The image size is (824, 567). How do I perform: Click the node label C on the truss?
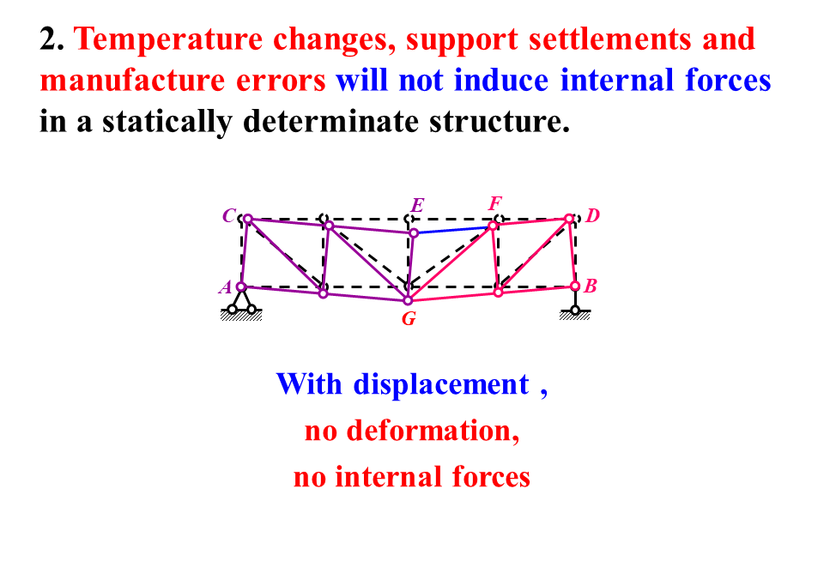tap(228, 216)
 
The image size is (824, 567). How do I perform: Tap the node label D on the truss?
tap(592, 215)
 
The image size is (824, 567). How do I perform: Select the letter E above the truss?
tap(417, 206)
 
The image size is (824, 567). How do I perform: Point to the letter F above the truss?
tap(494, 204)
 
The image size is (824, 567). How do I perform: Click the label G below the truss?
tap(409, 320)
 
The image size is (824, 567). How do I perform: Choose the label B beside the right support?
tap(591, 287)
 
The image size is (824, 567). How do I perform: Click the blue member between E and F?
tap(453, 230)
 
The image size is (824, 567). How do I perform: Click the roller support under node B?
tap(575, 309)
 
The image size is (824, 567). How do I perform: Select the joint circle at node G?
tap(409, 300)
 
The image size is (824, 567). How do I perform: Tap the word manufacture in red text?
tap(132, 81)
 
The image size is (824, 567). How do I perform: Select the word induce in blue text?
tap(502, 81)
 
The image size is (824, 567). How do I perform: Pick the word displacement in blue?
tap(441, 384)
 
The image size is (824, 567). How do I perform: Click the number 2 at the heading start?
tap(48, 39)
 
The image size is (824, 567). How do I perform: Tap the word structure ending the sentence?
tap(498, 122)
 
